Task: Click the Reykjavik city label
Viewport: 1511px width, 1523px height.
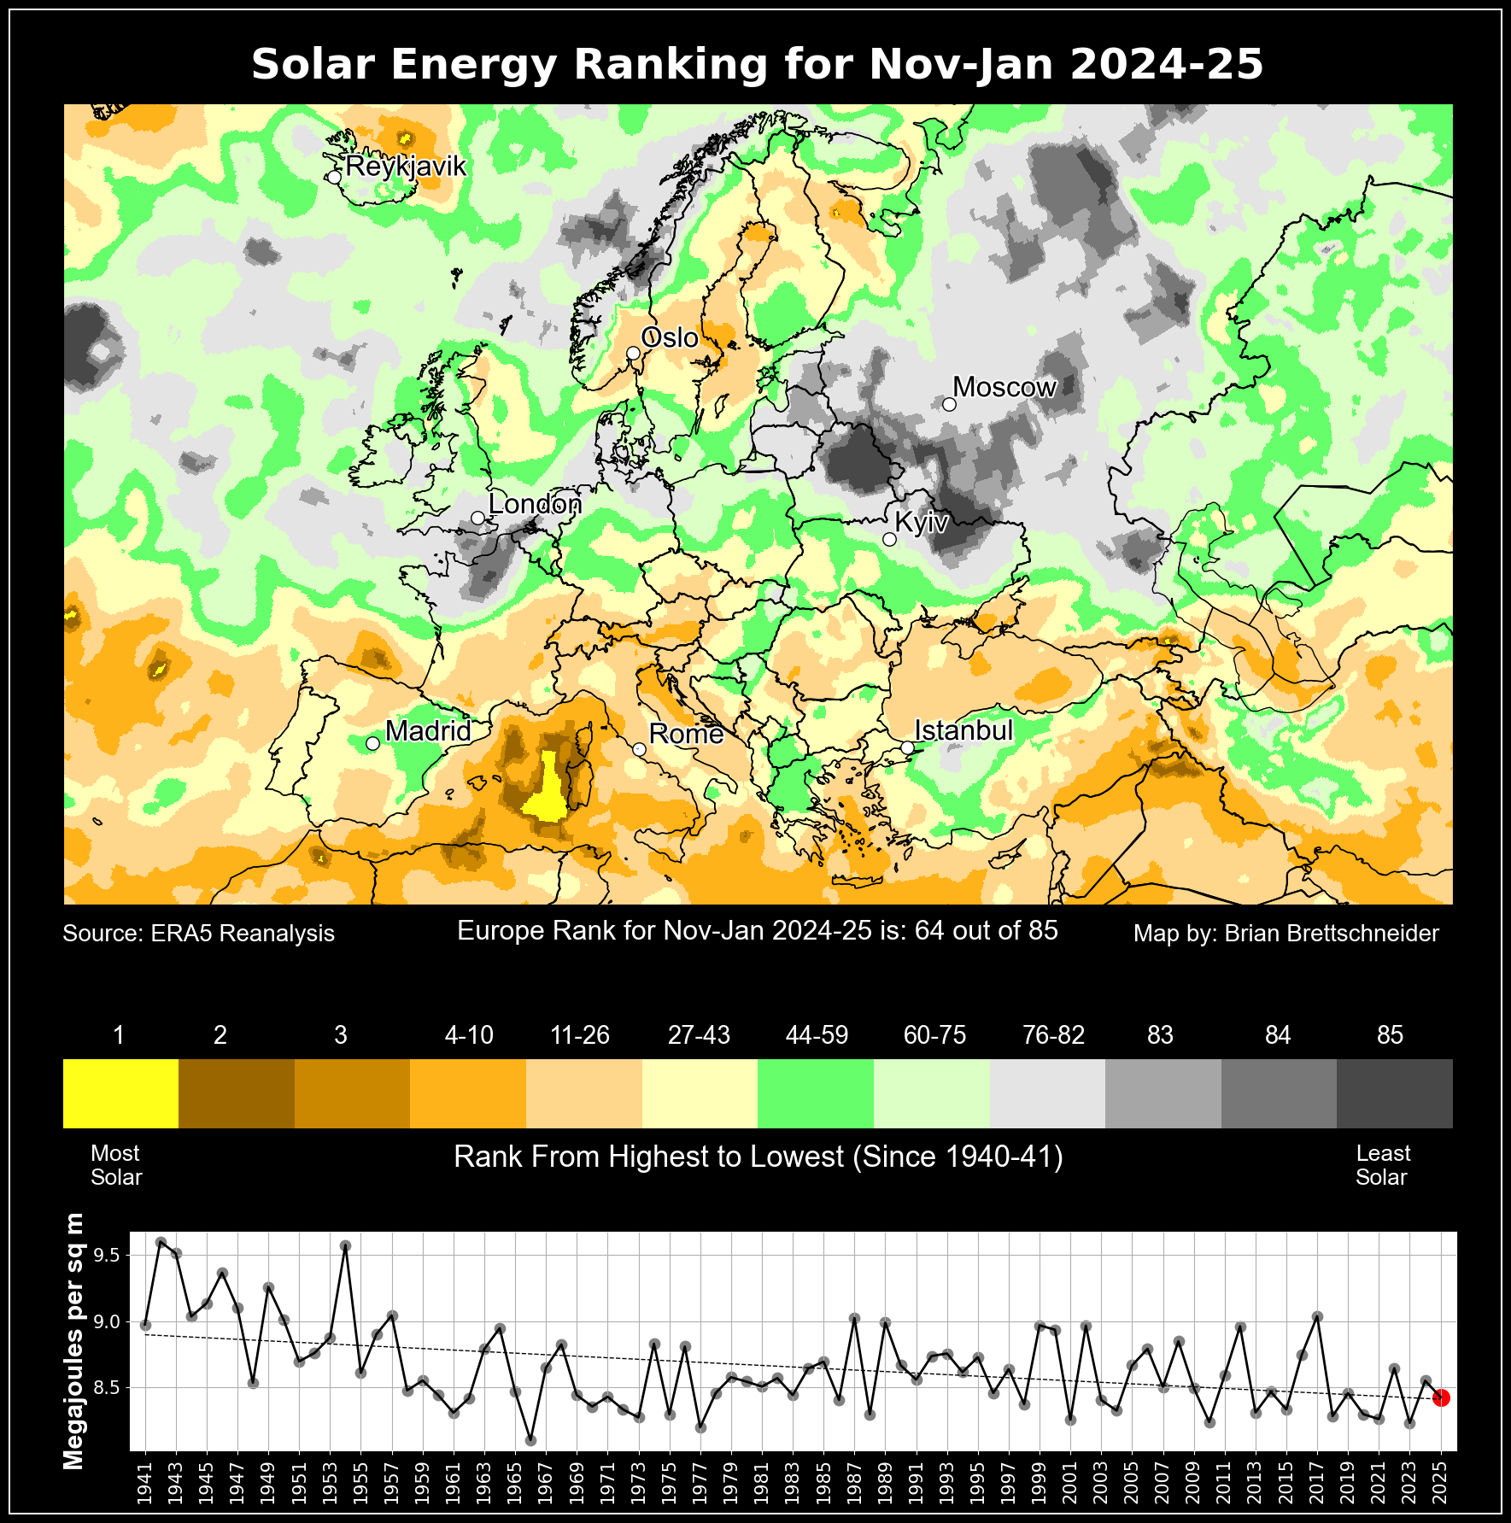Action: point(406,166)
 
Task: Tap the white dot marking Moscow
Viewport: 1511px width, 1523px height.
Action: point(949,404)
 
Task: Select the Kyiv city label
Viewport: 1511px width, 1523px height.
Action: point(921,522)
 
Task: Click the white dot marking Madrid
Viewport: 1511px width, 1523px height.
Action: point(372,743)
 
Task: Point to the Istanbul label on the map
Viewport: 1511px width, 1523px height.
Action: point(963,730)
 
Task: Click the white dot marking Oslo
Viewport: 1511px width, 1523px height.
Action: point(633,353)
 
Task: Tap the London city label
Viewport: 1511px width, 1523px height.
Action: point(535,504)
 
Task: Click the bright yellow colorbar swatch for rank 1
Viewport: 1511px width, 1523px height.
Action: point(120,1093)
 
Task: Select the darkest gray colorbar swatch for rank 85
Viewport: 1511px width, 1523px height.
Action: point(1394,1093)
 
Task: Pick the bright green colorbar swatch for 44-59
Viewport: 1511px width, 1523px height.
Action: point(816,1093)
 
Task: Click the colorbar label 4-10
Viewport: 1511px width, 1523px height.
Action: point(469,1035)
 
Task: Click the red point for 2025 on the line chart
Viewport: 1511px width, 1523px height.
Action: point(1441,1397)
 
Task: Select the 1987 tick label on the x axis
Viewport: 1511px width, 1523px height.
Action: point(854,1486)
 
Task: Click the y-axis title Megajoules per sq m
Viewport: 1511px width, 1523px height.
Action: point(75,1341)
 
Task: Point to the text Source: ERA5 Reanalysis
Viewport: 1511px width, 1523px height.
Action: point(199,934)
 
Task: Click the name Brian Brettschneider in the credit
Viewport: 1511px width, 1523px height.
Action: point(1332,934)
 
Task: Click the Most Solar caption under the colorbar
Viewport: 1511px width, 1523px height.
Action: point(116,1165)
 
